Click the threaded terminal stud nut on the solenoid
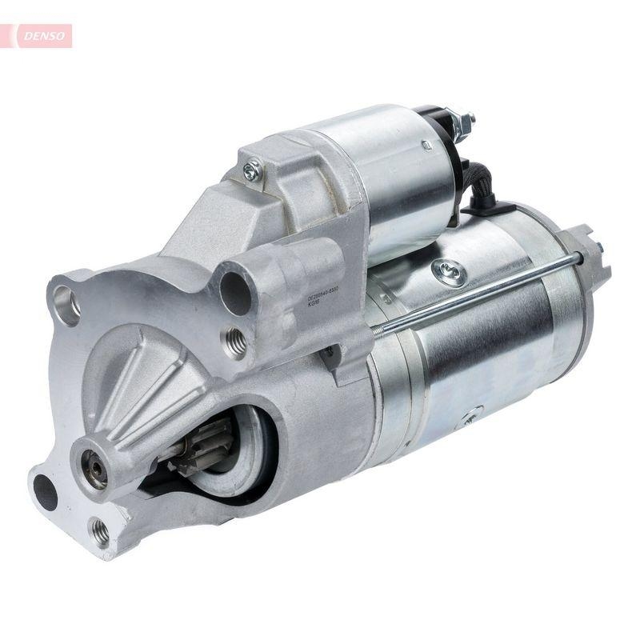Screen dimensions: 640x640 tap(463, 122)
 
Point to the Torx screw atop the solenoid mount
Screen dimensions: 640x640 tap(253, 168)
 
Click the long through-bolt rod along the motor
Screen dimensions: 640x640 tap(480, 291)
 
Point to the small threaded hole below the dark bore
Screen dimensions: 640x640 tap(235, 342)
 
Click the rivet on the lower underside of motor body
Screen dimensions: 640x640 tap(472, 415)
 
